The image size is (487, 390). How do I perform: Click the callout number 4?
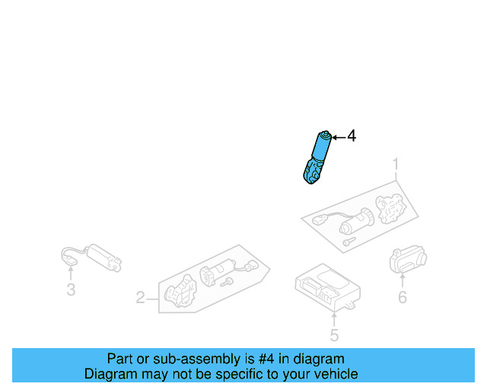click(351, 136)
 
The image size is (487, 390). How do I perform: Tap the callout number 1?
click(396, 164)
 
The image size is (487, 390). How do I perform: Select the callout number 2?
click(140, 297)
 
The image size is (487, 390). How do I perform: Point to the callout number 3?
click(71, 289)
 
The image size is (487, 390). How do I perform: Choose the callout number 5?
click(334, 335)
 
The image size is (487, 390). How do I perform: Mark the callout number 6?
click(402, 297)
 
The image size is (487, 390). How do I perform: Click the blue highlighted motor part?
click(317, 156)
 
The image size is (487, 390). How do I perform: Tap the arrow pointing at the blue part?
click(339, 137)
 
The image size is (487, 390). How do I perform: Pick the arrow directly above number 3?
click(71, 273)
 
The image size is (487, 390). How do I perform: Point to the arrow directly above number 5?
click(334, 317)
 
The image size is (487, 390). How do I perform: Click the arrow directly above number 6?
click(402, 280)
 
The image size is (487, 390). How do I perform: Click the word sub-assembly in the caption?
click(198, 359)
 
